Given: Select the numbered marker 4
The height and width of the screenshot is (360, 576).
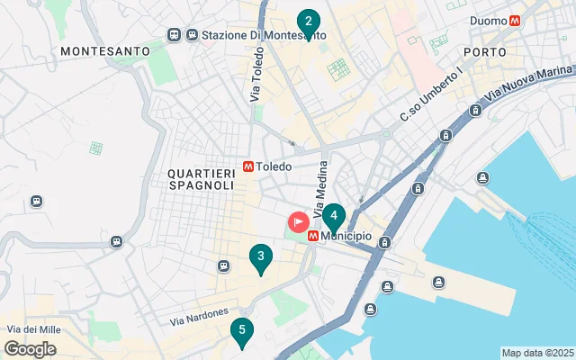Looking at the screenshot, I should point(334,217).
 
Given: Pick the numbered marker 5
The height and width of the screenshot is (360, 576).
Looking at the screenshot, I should point(241,331).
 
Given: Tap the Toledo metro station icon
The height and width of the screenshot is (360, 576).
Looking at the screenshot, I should point(247,166).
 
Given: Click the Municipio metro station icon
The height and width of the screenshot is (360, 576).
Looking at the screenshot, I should point(312,236).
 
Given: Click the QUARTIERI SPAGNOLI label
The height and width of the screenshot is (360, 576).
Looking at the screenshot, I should point(201,178).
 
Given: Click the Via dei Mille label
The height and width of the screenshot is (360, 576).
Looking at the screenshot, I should point(33,330).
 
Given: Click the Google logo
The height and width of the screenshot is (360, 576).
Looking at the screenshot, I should point(30,349).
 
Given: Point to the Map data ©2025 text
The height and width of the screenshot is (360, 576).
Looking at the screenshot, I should point(536,353).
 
